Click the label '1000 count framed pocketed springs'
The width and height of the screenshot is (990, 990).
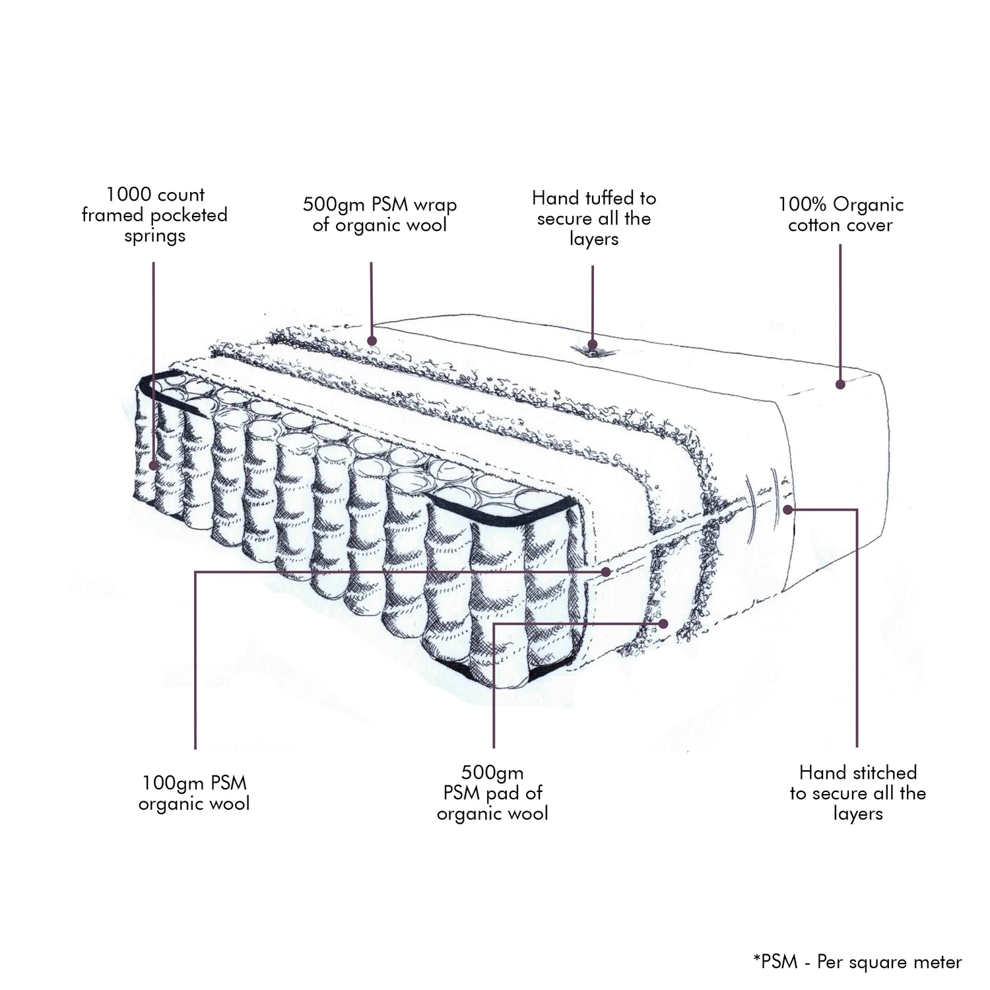pos(154,215)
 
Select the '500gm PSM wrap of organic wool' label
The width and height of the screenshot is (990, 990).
pos(379,214)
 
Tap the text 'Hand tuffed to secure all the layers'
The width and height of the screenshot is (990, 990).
pos(593,218)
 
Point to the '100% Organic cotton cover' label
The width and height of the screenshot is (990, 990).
pos(840,215)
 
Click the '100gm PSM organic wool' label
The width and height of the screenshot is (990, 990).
pos(194,793)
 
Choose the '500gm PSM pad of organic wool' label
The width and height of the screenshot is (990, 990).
pos(492,793)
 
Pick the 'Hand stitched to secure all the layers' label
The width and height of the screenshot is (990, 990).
pos(857,793)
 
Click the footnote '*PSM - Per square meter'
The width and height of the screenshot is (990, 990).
pos(857,962)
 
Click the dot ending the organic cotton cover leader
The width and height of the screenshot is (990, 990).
pos(840,383)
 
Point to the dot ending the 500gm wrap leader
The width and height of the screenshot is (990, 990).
pos(372,341)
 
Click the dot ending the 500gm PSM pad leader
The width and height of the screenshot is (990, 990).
pos(663,623)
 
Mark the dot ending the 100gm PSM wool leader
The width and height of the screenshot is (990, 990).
pos(607,572)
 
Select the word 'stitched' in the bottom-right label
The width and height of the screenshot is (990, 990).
pos(884,773)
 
